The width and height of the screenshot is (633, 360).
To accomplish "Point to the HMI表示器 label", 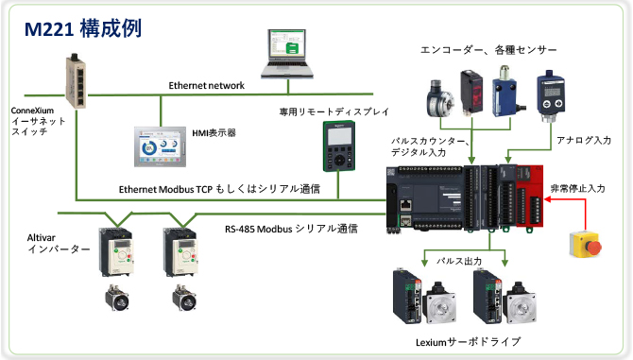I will point(214,134).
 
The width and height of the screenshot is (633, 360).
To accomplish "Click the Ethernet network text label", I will point(206,86).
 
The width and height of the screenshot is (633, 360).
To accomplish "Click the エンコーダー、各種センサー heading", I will point(488,49).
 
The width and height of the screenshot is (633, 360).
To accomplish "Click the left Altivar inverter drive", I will point(119,250).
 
